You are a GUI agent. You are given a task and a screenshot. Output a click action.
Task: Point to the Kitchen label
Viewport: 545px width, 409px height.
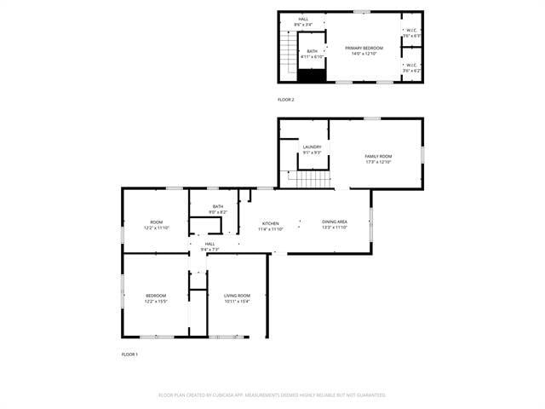[270, 223]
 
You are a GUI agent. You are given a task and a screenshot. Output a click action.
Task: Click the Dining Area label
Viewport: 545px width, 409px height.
[334, 223]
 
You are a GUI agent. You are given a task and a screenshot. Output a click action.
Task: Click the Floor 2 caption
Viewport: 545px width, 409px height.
[286, 100]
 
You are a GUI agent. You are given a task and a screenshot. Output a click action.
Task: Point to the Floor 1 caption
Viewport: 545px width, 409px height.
[129, 354]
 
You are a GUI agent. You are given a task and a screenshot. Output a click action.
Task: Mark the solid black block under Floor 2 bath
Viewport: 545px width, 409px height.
[311, 76]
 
